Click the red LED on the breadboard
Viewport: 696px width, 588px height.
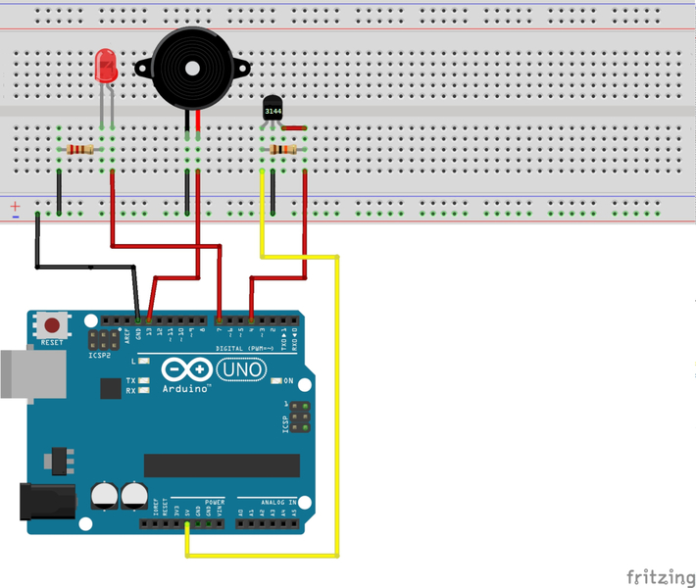click(105, 67)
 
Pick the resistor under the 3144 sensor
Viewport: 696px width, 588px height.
click(283, 149)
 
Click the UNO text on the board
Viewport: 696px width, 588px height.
click(240, 369)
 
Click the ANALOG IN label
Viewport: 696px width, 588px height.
click(278, 502)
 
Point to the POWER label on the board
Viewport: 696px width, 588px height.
click(214, 502)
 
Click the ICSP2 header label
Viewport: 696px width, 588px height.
click(100, 356)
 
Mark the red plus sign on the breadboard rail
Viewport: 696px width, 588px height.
click(15, 207)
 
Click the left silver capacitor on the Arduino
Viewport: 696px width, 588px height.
click(104, 496)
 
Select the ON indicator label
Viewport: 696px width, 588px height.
click(288, 380)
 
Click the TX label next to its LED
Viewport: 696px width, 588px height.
click(130, 380)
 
